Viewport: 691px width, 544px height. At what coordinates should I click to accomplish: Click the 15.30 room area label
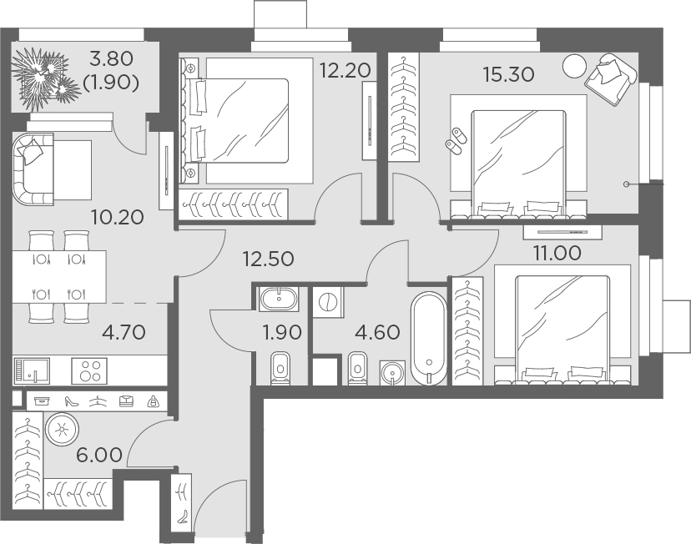click(x=507, y=73)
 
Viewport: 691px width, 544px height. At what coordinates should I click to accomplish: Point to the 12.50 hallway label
click(x=268, y=258)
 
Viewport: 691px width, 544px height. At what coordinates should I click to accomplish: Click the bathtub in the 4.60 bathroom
click(x=429, y=338)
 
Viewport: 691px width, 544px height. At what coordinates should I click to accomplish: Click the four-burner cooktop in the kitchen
click(x=92, y=368)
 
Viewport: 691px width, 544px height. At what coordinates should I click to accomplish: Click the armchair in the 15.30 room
click(x=612, y=78)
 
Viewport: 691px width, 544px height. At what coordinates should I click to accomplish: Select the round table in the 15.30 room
click(x=574, y=66)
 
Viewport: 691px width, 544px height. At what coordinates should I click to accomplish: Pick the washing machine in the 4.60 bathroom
click(x=328, y=302)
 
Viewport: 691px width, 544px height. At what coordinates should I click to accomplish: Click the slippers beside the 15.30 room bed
click(x=456, y=139)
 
